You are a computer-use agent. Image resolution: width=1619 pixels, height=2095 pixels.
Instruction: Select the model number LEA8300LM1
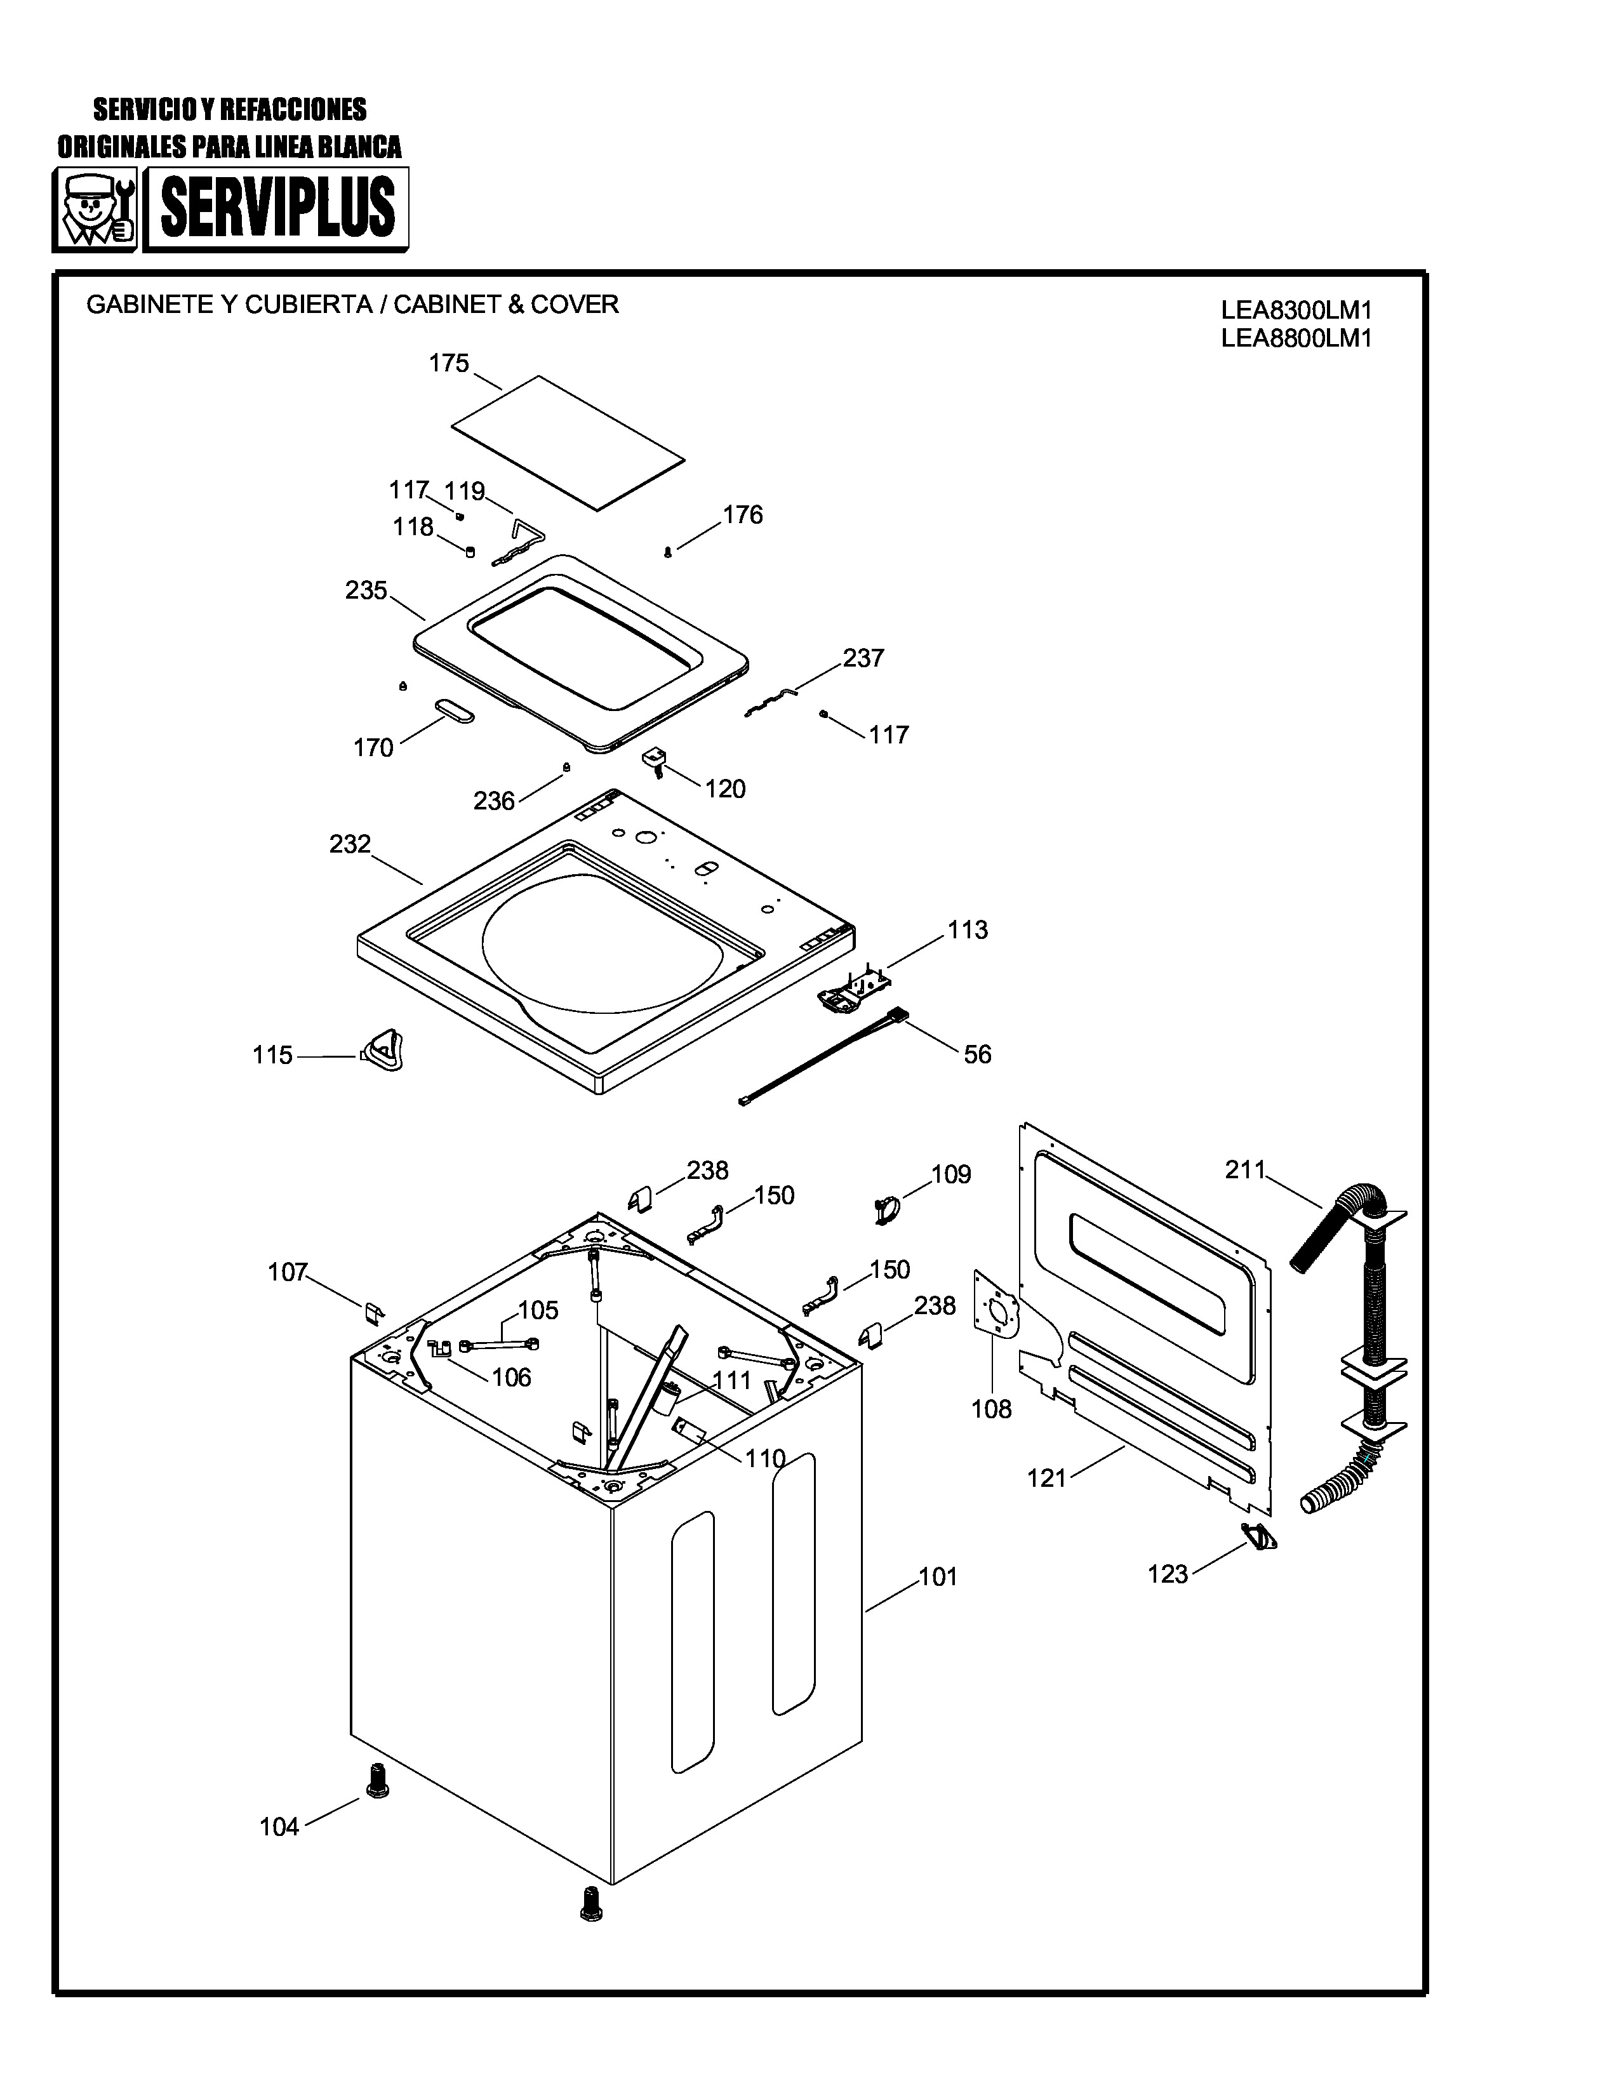point(1296,311)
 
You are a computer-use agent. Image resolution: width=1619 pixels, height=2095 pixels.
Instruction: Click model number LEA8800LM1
point(1296,338)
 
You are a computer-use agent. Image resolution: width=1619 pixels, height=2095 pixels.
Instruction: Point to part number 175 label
point(448,364)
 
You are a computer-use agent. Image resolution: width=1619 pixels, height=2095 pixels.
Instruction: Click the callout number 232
point(349,844)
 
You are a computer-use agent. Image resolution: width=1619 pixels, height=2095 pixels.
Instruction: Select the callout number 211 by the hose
point(1245,1169)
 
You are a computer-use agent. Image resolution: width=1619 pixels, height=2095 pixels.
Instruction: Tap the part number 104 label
point(279,1827)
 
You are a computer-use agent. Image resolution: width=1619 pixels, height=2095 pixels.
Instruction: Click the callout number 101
point(938,1577)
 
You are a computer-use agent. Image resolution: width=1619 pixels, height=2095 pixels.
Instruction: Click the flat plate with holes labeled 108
point(996,1308)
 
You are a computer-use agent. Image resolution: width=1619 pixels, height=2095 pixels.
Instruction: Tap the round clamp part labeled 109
point(886,1209)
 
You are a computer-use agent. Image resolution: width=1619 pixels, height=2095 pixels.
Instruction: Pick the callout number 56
point(977,1054)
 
